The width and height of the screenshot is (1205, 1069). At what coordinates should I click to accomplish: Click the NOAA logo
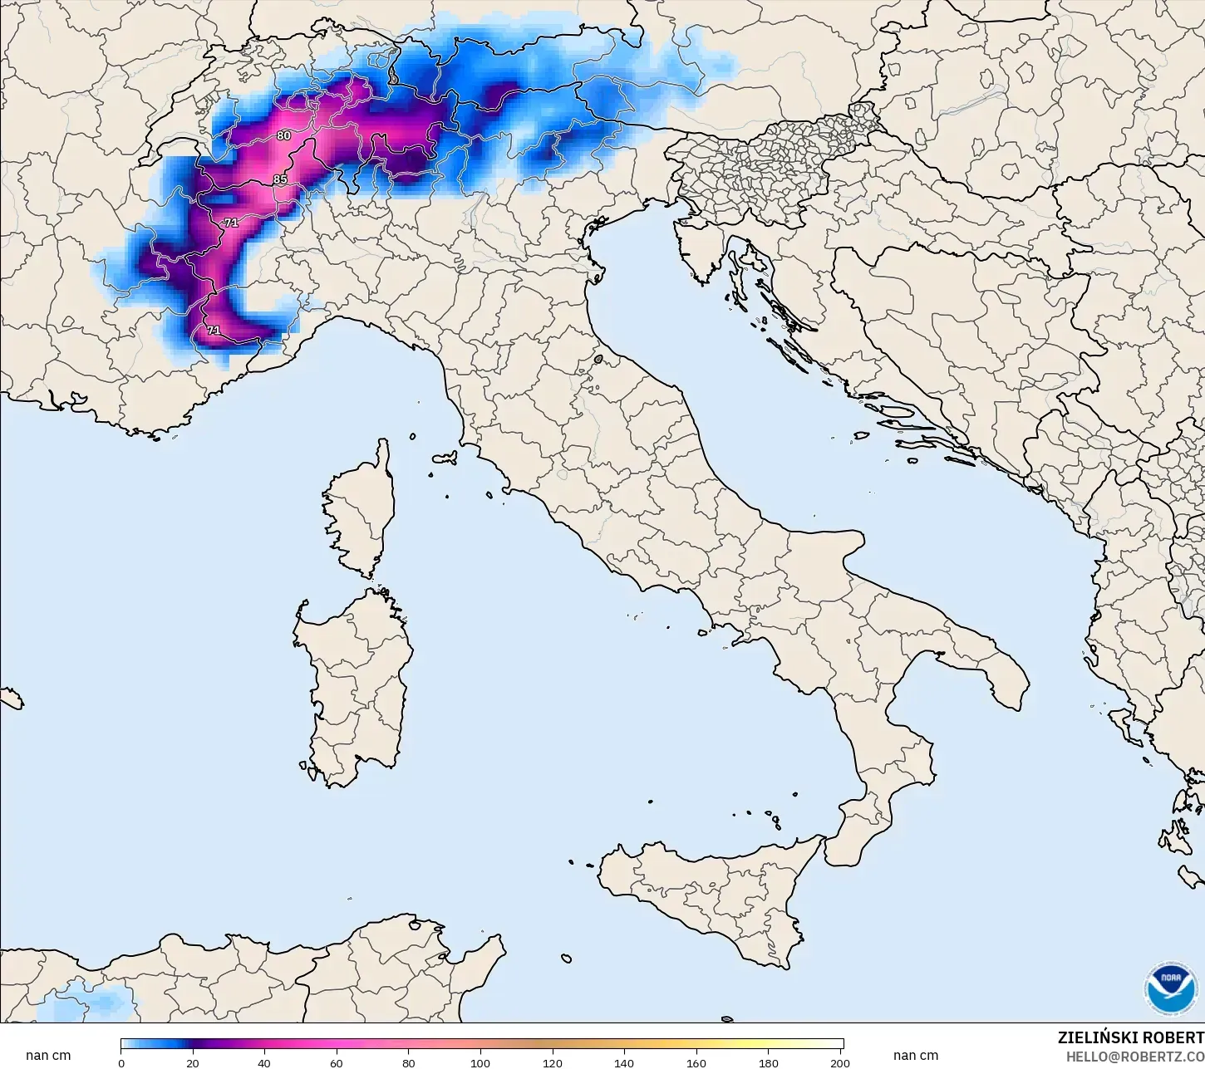[x=1170, y=988]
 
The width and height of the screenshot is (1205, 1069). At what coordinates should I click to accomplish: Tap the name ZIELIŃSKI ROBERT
[x=1130, y=1038]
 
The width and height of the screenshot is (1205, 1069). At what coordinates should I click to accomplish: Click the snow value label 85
[x=280, y=179]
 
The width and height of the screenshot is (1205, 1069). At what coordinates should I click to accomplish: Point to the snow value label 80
[x=284, y=135]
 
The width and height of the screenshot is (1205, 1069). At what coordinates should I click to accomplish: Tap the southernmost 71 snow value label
[x=214, y=331]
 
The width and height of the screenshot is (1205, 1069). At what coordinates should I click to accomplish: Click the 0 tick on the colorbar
[x=121, y=1062]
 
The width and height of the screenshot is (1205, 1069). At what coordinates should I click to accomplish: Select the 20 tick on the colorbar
[x=193, y=1062]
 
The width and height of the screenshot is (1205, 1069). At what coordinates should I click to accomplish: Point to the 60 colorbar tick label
[x=337, y=1062]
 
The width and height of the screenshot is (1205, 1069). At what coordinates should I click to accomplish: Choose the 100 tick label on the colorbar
[x=480, y=1062]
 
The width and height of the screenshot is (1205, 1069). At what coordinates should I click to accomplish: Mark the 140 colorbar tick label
[x=624, y=1062]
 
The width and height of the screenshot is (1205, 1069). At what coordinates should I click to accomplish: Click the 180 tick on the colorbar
[x=769, y=1062]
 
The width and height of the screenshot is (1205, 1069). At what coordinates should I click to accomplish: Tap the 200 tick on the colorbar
[x=839, y=1062]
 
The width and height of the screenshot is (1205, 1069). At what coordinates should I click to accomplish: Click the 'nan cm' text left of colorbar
[x=48, y=1056]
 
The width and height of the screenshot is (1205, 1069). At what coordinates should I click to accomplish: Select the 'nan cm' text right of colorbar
[x=916, y=1056]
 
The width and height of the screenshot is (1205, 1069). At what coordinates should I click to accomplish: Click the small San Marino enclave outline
[x=599, y=360]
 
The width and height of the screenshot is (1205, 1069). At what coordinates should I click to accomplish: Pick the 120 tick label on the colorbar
[x=552, y=1062]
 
